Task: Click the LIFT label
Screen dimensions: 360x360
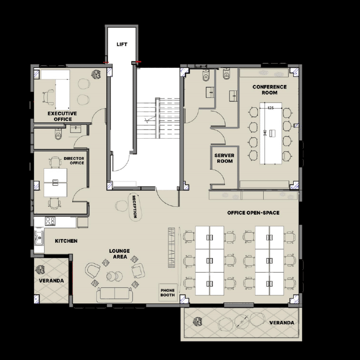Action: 122,44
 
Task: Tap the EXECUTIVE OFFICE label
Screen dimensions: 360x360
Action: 62,116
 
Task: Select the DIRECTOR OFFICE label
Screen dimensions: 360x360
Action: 74,161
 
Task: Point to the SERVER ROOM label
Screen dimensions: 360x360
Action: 224,158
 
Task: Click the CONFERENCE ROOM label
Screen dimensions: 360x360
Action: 270,90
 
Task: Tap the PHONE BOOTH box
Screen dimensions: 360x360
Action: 168,293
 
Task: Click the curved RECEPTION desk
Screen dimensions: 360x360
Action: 135,207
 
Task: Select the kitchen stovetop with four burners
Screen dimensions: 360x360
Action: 50,221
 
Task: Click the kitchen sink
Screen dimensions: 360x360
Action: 39,237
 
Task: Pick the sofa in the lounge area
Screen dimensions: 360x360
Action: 115,295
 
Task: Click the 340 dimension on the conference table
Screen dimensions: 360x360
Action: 265,133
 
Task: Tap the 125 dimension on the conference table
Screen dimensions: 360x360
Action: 271,108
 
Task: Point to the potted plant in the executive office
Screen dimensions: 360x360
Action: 96,75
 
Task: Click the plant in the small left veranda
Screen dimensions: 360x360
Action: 40,270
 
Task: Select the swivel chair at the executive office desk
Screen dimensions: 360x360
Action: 48,97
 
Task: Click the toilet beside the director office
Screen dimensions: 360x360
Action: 58,134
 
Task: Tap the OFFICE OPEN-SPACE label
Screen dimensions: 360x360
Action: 253,213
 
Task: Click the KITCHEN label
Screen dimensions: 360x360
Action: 66,241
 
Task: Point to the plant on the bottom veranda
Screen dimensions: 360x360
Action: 197,321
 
